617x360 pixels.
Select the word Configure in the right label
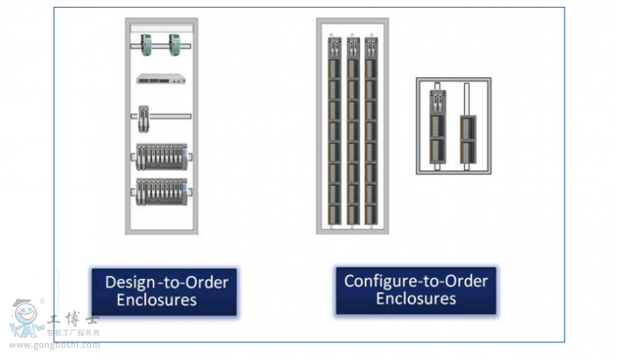[x=378, y=281]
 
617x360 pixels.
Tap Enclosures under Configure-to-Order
[x=416, y=298]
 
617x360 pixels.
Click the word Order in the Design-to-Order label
[x=209, y=282]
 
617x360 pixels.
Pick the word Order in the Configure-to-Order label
[x=468, y=281]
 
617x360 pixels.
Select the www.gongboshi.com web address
[x=54, y=345]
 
